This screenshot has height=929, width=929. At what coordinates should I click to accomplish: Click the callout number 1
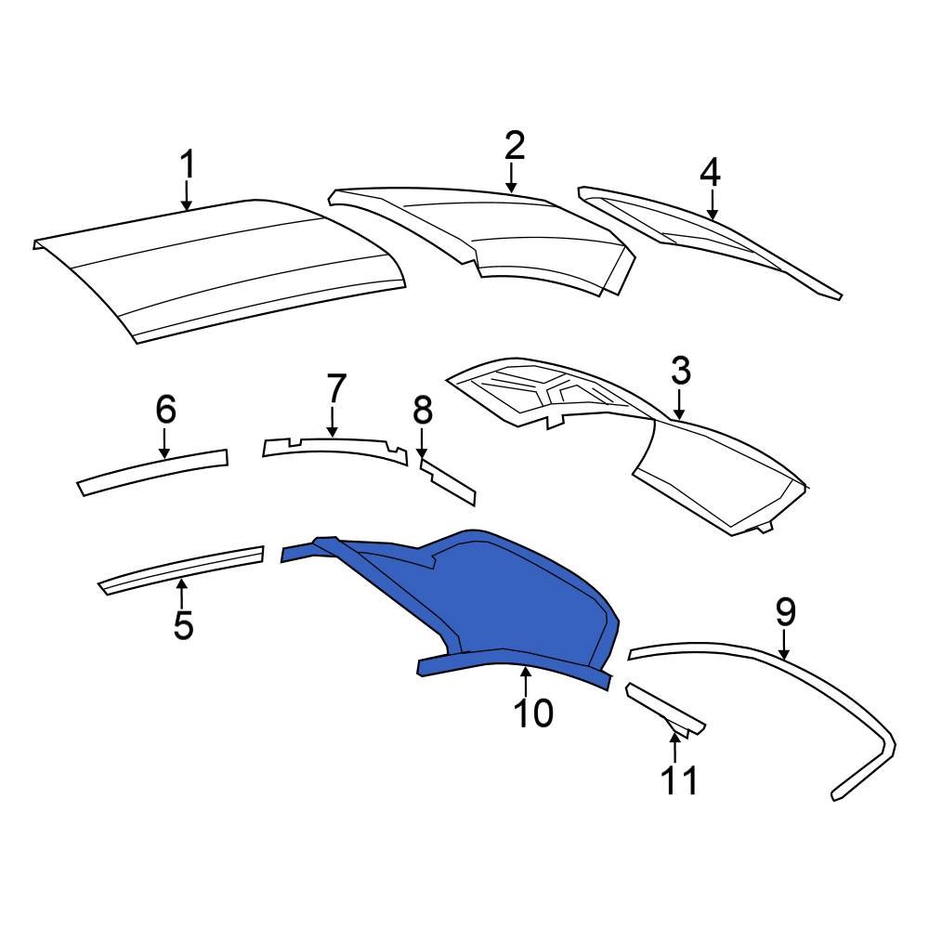188,165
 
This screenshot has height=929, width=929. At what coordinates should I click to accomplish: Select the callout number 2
515,146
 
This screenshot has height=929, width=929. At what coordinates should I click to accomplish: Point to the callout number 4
710,172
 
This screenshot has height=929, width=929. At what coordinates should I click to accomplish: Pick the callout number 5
183,625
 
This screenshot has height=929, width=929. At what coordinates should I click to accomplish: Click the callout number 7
335,387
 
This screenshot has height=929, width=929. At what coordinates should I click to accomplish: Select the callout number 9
785,612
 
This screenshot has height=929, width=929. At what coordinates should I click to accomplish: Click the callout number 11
678,780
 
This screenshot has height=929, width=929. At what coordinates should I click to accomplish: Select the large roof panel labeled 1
223,269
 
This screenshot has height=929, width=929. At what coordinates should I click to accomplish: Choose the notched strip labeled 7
334,448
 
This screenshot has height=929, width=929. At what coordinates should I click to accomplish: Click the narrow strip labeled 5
181,568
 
